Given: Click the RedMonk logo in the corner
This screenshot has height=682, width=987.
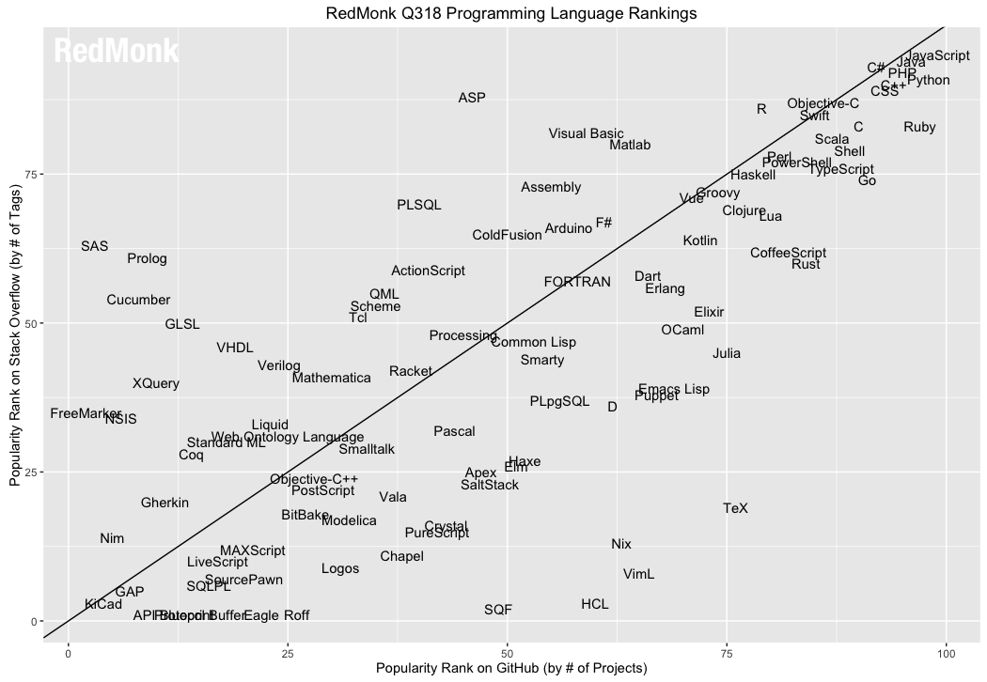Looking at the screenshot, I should (116, 52).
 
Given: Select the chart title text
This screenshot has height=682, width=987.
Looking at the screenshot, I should (511, 13).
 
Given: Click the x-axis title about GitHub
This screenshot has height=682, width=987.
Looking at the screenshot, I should (511, 669).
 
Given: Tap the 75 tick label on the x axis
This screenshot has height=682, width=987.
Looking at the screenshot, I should (727, 653).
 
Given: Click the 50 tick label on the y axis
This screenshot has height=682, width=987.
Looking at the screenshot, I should (30, 323).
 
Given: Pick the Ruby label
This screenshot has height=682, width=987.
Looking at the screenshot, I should (919, 128).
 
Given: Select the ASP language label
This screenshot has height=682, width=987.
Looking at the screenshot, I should (472, 99).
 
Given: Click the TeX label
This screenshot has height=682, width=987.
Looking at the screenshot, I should (736, 508).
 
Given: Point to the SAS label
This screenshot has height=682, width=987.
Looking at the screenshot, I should (94, 246).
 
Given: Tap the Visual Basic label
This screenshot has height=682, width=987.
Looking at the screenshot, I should (586, 134).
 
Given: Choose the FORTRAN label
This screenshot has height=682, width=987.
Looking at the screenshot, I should (577, 282).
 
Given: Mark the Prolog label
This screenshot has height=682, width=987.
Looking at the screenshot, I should (147, 258).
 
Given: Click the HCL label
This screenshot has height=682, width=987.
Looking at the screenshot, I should (595, 604).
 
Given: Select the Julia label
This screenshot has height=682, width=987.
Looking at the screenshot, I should (727, 354).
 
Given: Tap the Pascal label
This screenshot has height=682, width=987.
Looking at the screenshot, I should (454, 432).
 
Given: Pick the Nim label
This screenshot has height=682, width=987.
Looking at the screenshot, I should (112, 539).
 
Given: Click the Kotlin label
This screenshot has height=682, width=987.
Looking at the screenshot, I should (700, 240).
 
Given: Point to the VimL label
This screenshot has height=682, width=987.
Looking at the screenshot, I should (639, 574).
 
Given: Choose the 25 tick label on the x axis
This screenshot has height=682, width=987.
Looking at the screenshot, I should (288, 653).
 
